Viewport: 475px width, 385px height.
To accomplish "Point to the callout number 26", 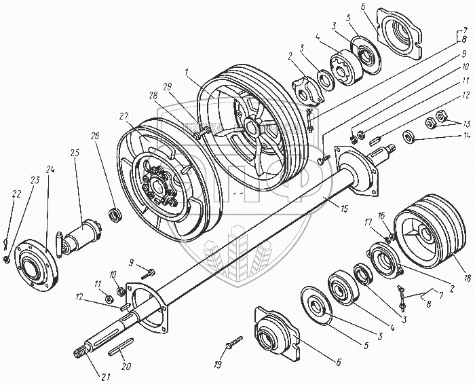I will pos(95,155).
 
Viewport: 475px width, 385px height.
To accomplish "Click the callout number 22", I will pos(16,195).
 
